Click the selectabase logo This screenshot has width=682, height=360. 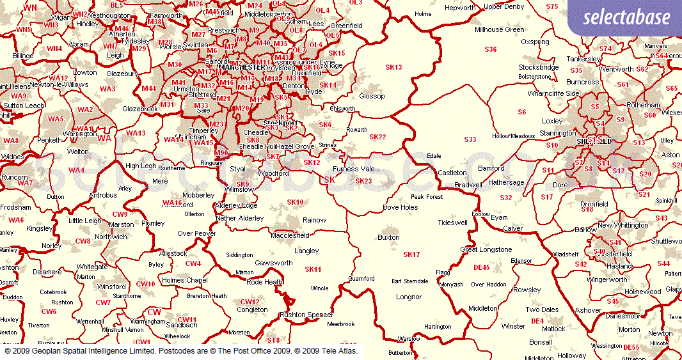(x=626, y=17)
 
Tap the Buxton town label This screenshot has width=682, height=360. (x=388, y=237)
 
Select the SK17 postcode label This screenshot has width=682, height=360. (x=411, y=254)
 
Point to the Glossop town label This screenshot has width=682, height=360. (x=372, y=96)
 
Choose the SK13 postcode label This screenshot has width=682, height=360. (x=393, y=67)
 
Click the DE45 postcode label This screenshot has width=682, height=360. (x=481, y=267)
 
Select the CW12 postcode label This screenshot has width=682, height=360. (x=250, y=301)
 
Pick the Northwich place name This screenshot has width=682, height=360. (x=111, y=237)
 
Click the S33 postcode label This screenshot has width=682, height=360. (x=470, y=139)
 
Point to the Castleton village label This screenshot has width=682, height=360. (x=452, y=173)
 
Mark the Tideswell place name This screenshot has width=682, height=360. (x=453, y=223)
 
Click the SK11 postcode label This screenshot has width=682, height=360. (x=313, y=269)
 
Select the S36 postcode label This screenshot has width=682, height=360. (x=491, y=49)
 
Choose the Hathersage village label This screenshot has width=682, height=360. (x=506, y=182)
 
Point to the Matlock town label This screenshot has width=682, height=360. (x=553, y=329)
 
